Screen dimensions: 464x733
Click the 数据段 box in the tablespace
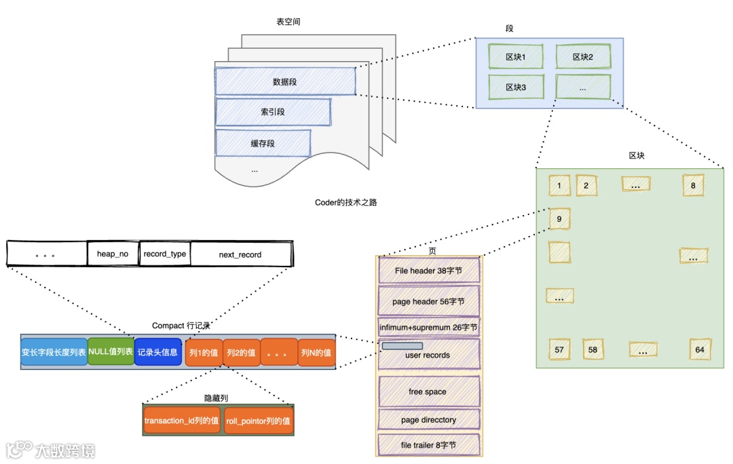click(x=285, y=81)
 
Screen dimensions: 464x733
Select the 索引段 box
click(x=273, y=112)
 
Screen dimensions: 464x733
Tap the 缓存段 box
click(x=263, y=143)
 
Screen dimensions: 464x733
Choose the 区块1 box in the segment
click(x=516, y=57)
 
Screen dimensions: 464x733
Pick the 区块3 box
click(x=516, y=88)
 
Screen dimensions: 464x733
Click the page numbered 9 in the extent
click(x=559, y=219)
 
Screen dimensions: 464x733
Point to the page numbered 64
click(x=700, y=349)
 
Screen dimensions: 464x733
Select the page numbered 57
click(x=559, y=349)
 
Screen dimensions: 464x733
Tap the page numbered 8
click(x=693, y=185)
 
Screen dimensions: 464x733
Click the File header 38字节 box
click(x=428, y=271)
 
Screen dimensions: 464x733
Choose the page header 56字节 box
click(x=428, y=301)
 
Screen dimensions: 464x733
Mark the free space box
click(x=428, y=391)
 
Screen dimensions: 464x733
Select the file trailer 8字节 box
click(x=428, y=445)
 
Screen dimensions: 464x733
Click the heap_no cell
click(x=113, y=254)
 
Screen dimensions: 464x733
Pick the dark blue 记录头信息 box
click(x=157, y=352)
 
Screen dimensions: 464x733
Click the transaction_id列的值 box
click(x=182, y=421)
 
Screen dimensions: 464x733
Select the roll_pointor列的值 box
click(x=259, y=421)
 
